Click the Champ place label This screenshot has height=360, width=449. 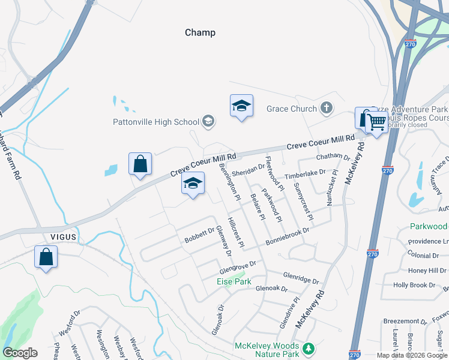pos(200,32)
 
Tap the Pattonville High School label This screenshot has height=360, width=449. pos(156,122)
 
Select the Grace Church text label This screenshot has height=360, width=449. pos(292,109)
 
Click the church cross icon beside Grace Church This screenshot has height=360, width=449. pos(326,109)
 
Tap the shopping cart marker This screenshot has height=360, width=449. pos(376,122)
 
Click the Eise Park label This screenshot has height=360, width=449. pos(234,281)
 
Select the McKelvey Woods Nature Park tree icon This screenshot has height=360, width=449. pos(308,349)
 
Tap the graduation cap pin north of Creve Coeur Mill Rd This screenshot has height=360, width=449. pos(241,106)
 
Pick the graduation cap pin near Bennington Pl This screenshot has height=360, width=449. pos(193,184)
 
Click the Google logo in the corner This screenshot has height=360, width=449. pos(20,353)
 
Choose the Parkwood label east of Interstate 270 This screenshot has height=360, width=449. pos(428,226)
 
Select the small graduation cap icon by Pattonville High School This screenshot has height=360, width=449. pos(208,122)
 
